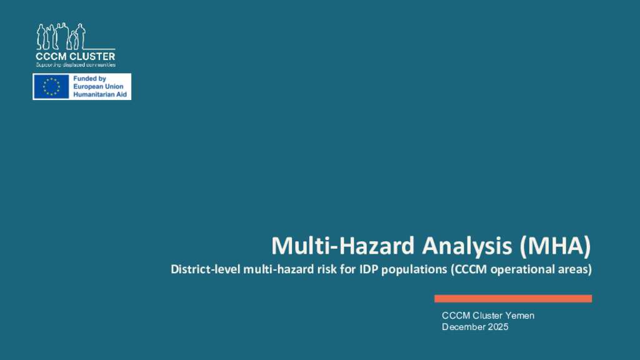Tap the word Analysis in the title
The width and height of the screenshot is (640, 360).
tap(467, 246)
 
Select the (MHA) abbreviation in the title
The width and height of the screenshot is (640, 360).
tap(556, 246)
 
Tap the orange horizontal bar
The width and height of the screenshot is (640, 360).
tap(513, 299)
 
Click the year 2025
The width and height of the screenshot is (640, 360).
tap(497, 327)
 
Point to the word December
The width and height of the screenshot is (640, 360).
tap(463, 327)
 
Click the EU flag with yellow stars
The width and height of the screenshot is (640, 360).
tap(51, 86)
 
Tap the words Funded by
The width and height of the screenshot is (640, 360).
tap(90, 78)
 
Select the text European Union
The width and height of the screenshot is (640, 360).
tap(98, 86)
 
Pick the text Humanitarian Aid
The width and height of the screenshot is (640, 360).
tap(100, 94)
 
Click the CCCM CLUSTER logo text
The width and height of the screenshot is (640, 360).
tap(76, 56)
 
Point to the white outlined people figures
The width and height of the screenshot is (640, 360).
tap(61, 36)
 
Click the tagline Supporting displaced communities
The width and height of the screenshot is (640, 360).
tap(76, 64)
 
